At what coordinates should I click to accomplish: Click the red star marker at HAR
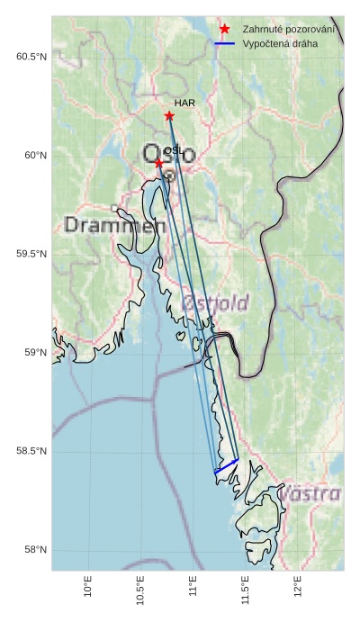169,116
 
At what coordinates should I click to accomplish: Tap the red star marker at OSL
158,163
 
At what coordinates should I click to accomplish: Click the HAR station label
184,104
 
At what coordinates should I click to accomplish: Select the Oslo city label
168,154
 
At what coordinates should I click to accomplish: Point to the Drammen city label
115,225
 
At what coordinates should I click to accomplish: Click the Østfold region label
215,303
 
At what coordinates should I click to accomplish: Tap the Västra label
310,494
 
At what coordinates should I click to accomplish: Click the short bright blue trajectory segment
226,466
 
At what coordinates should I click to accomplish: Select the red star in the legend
225,30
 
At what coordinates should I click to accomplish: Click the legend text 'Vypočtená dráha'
280,43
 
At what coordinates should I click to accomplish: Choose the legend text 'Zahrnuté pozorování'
289,30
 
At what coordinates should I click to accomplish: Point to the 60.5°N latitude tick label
31,57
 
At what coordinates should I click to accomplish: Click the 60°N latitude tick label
35,156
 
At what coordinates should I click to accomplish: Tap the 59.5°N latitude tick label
31,254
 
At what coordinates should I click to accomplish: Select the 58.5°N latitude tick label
31,451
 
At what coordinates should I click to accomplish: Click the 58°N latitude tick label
35,550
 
